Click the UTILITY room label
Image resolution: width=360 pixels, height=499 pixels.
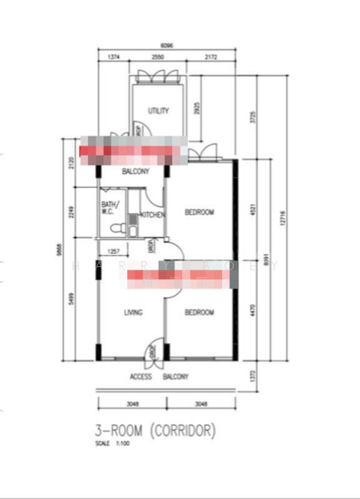tap(158, 111)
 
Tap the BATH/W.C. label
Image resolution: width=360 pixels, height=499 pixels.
tap(110, 207)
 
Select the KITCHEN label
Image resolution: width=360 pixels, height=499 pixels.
tap(153, 215)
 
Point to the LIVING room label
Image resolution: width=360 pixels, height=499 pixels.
tap(132, 313)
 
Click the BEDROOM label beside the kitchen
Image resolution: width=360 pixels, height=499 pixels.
tap(199, 212)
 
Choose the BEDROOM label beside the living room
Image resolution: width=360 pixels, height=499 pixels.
tap(199, 313)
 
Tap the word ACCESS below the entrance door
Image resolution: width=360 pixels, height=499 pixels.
tap(141, 376)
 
